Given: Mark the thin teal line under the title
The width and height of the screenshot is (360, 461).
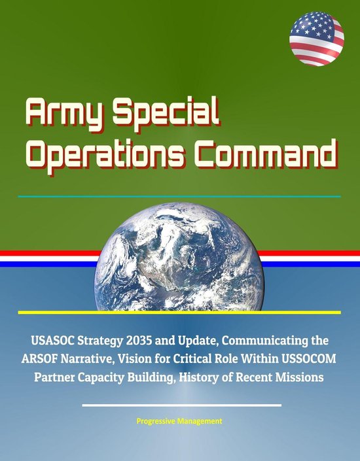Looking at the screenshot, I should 180,196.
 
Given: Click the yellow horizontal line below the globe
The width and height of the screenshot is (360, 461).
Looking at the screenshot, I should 180,313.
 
